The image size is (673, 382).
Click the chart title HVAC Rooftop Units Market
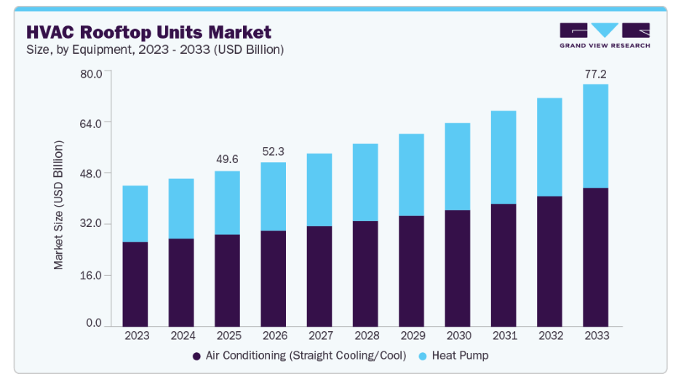pyautogui.click(x=148, y=32)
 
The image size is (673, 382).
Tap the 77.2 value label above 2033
pyautogui.click(x=595, y=74)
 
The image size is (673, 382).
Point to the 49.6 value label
pyautogui.click(x=227, y=159)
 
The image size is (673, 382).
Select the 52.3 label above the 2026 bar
pyautogui.click(x=273, y=151)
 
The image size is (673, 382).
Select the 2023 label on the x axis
pyautogui.click(x=135, y=335)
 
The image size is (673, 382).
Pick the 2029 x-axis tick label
pyautogui.click(x=411, y=335)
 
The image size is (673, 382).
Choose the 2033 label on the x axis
pyautogui.click(x=595, y=335)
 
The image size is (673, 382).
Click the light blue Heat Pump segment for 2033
pyautogui.click(x=595, y=136)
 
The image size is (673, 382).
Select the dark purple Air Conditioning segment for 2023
pyautogui.click(x=135, y=284)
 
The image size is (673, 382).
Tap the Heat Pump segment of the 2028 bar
pyautogui.click(x=365, y=182)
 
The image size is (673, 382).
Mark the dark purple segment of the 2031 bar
pyautogui.click(x=503, y=265)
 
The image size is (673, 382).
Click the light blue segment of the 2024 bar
pyautogui.click(x=181, y=208)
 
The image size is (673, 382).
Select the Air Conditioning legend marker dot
pyautogui.click(x=196, y=357)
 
